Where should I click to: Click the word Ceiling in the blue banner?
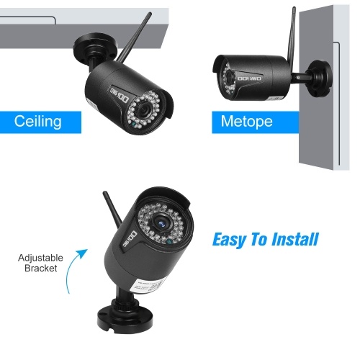tap(38, 122)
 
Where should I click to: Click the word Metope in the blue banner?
tap(246, 122)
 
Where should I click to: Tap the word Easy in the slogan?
tap(229, 240)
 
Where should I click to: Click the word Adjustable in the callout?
tap(40, 258)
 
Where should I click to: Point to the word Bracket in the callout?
tap(41, 269)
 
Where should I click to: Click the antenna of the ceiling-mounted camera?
tap(135, 37)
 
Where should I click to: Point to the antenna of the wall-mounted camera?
tap(292, 34)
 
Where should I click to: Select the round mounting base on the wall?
tap(320, 78)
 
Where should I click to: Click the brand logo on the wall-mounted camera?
tap(250, 78)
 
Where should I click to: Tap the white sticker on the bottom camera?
tap(148, 286)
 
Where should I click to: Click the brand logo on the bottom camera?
tap(130, 239)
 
